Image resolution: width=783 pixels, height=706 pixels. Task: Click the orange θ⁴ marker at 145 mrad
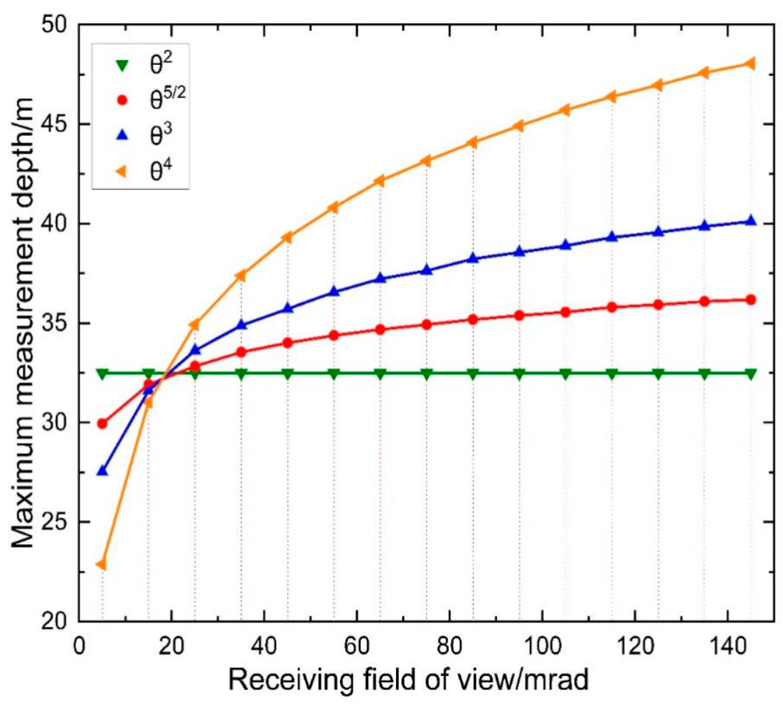(750, 64)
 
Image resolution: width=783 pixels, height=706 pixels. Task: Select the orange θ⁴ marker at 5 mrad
(102, 564)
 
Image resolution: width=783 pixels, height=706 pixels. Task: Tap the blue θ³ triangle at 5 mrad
(102, 471)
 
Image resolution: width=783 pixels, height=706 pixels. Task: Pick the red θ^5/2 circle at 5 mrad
(102, 424)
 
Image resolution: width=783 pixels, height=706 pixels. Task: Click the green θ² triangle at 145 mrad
(750, 374)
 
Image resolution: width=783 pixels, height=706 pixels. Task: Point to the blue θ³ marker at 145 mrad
(750, 220)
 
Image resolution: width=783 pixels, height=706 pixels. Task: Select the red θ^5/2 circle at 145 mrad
(750, 300)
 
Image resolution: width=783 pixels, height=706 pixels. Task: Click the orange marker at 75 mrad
(426, 161)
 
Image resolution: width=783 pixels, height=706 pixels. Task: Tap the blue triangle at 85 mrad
(473, 258)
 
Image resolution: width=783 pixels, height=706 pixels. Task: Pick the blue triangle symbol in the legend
(123, 136)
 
